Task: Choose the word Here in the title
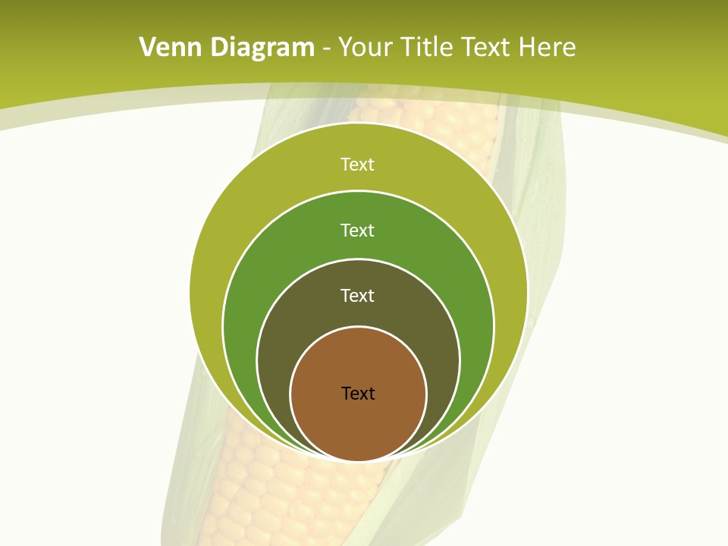click(548, 48)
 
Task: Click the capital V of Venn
click(148, 48)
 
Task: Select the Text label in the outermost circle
click(358, 165)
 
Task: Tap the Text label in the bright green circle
click(358, 230)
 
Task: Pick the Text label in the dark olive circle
click(358, 296)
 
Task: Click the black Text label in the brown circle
click(358, 394)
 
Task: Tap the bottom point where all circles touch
click(358, 460)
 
